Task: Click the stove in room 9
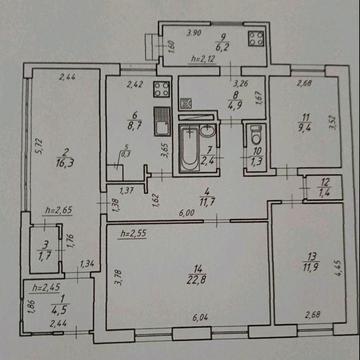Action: click(x=252, y=41)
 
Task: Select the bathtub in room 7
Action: click(x=188, y=148)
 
